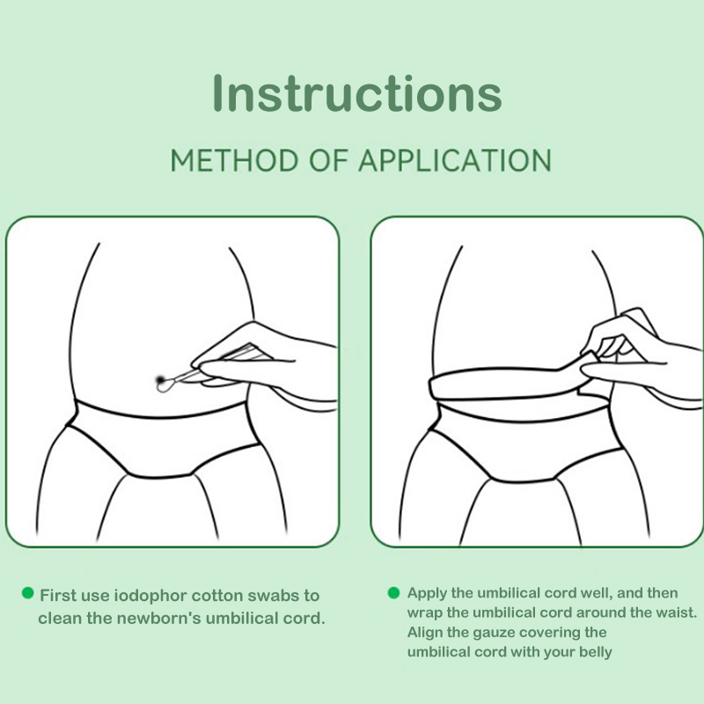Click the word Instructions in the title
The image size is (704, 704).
click(357, 93)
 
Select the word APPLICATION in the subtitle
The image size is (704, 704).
click(455, 160)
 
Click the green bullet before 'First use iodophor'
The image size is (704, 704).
click(28, 593)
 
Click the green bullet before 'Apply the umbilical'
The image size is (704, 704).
click(393, 592)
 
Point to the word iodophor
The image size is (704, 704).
click(150, 596)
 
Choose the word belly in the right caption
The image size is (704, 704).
click(596, 652)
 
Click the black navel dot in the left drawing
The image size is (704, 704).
click(160, 380)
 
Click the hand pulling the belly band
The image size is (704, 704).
click(642, 355)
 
